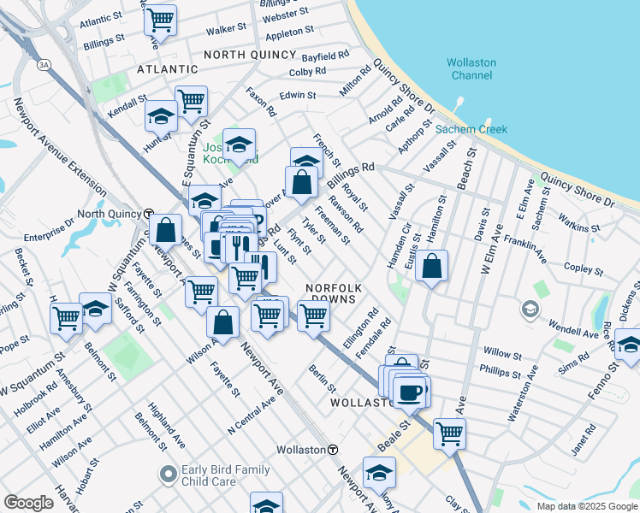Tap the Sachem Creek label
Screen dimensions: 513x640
[x=471, y=129]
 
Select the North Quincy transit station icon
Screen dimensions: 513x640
[x=148, y=214]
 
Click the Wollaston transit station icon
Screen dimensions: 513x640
[x=333, y=450]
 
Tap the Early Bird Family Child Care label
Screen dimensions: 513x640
[x=224, y=475]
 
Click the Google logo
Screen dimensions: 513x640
[x=28, y=503]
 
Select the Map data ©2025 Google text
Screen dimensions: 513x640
[x=586, y=506]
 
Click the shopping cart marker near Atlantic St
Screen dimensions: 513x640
[x=160, y=19]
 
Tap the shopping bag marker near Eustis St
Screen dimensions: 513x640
[x=434, y=265]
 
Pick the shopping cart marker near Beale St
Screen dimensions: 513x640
[x=448, y=433]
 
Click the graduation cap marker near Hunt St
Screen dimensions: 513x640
[x=160, y=115]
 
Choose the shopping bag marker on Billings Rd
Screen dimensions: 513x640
[x=301, y=181]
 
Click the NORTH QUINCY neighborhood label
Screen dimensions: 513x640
[x=250, y=54]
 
